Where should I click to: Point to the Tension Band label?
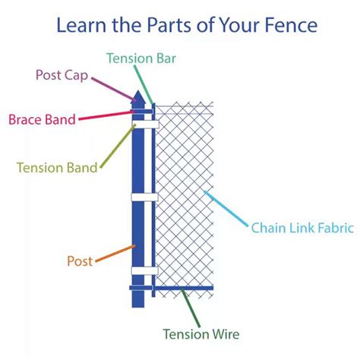pos(56,167)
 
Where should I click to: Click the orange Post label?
pos(80,261)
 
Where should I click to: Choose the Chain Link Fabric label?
pos(302,228)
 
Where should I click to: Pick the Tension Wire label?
pos(202,333)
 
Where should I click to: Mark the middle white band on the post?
pos(144,197)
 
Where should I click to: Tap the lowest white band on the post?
pos(144,270)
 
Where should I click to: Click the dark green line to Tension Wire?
pos(189,307)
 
